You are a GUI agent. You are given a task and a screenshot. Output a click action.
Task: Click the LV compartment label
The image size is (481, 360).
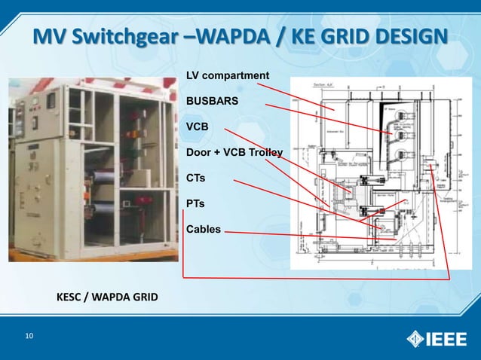(228, 75)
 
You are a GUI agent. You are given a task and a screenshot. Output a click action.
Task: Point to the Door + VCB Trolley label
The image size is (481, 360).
(234, 153)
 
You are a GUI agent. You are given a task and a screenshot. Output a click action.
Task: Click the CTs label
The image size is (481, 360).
(196, 178)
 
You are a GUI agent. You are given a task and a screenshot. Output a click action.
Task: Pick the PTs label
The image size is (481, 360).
(196, 203)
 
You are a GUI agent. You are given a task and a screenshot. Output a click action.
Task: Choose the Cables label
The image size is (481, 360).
(204, 228)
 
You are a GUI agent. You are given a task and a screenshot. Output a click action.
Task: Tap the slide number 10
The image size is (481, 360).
(29, 336)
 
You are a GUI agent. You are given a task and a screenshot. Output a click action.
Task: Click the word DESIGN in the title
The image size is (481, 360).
(406, 36)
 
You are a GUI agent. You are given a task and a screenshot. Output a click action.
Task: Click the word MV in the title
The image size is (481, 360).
(51, 36)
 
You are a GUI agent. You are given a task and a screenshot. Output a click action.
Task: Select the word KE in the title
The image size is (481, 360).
(309, 36)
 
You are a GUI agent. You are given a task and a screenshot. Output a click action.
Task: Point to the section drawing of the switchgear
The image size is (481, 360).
(374, 172)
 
